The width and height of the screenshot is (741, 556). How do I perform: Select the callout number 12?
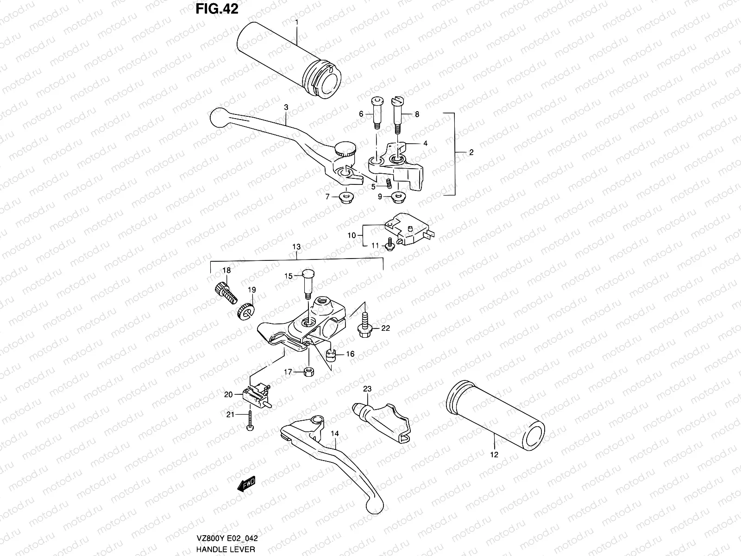coord(494,455)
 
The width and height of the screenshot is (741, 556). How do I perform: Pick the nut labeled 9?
coord(397,197)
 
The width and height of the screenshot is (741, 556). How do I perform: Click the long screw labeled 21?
coord(250,419)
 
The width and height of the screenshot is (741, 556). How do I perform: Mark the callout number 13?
coord(296,247)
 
